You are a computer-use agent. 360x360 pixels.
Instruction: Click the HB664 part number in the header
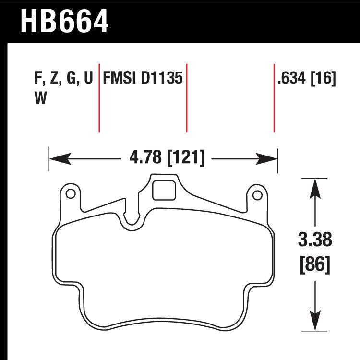(x=65, y=22)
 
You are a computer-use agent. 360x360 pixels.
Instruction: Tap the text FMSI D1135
(x=143, y=78)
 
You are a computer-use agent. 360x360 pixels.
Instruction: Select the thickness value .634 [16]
(x=306, y=78)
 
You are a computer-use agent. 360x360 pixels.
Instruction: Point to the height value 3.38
(x=315, y=239)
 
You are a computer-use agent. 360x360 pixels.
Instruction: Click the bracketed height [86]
(x=315, y=264)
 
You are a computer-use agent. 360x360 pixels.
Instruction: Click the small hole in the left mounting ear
(x=70, y=194)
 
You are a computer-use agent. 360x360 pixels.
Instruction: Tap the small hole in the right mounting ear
(x=257, y=194)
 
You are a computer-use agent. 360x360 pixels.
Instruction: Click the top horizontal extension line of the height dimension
(x=314, y=178)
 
